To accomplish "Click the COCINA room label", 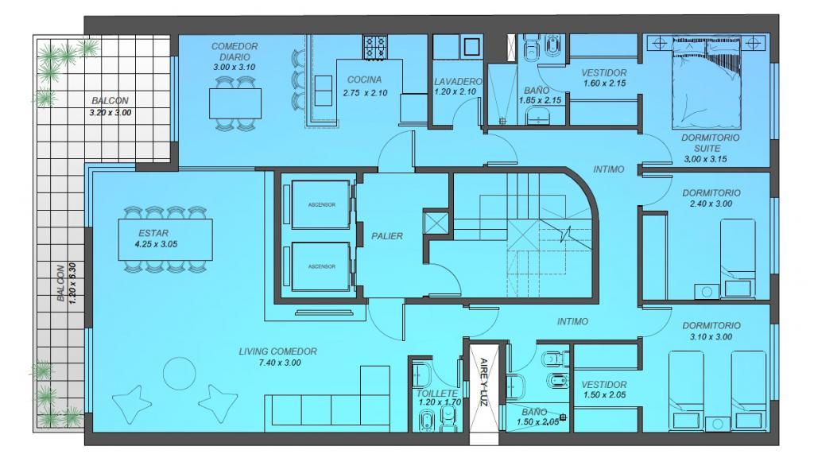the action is click(x=364, y=80).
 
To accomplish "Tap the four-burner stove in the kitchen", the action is click(x=375, y=47).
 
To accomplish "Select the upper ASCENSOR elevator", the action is click(x=321, y=204).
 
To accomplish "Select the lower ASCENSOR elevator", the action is click(x=321, y=266).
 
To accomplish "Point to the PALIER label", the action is click(x=387, y=235).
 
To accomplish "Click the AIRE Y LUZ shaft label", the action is click(x=484, y=382).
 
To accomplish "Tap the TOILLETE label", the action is click(x=438, y=394).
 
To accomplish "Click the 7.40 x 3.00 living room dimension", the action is click(x=280, y=363).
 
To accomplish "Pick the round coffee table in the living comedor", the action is click(x=180, y=374).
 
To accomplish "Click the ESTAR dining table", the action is click(x=165, y=239).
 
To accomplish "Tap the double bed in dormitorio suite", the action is click(x=706, y=82).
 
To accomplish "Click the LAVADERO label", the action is click(x=458, y=82).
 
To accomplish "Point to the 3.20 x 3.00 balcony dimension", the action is click(x=110, y=112).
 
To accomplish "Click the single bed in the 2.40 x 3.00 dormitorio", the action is click(x=738, y=258).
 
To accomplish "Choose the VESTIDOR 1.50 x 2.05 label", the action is click(x=604, y=390).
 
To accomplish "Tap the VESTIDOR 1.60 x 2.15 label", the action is click(x=604, y=78).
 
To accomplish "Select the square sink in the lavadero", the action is click(x=472, y=46).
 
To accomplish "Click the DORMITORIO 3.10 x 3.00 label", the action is click(x=711, y=331).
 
